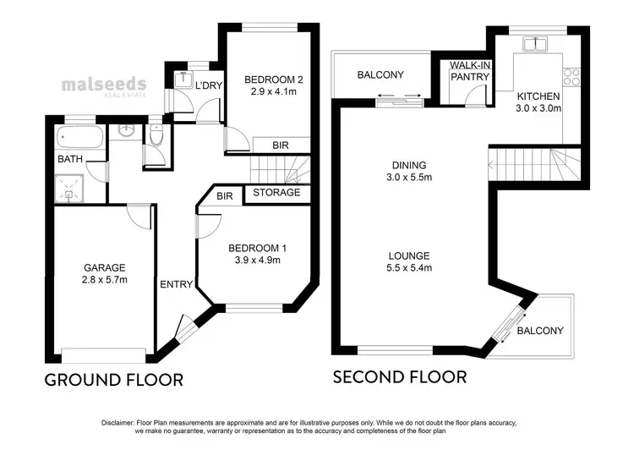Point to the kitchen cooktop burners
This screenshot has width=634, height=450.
pyautogui.click(x=571, y=77)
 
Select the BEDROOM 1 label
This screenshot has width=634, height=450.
pyautogui.click(x=259, y=248)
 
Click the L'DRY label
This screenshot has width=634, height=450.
pyautogui.click(x=207, y=86)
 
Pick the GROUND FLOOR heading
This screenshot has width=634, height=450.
pyautogui.click(x=113, y=380)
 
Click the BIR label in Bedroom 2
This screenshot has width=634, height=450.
pyautogui.click(x=279, y=145)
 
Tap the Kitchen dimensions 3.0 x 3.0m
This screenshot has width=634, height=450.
pyautogui.click(x=539, y=109)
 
